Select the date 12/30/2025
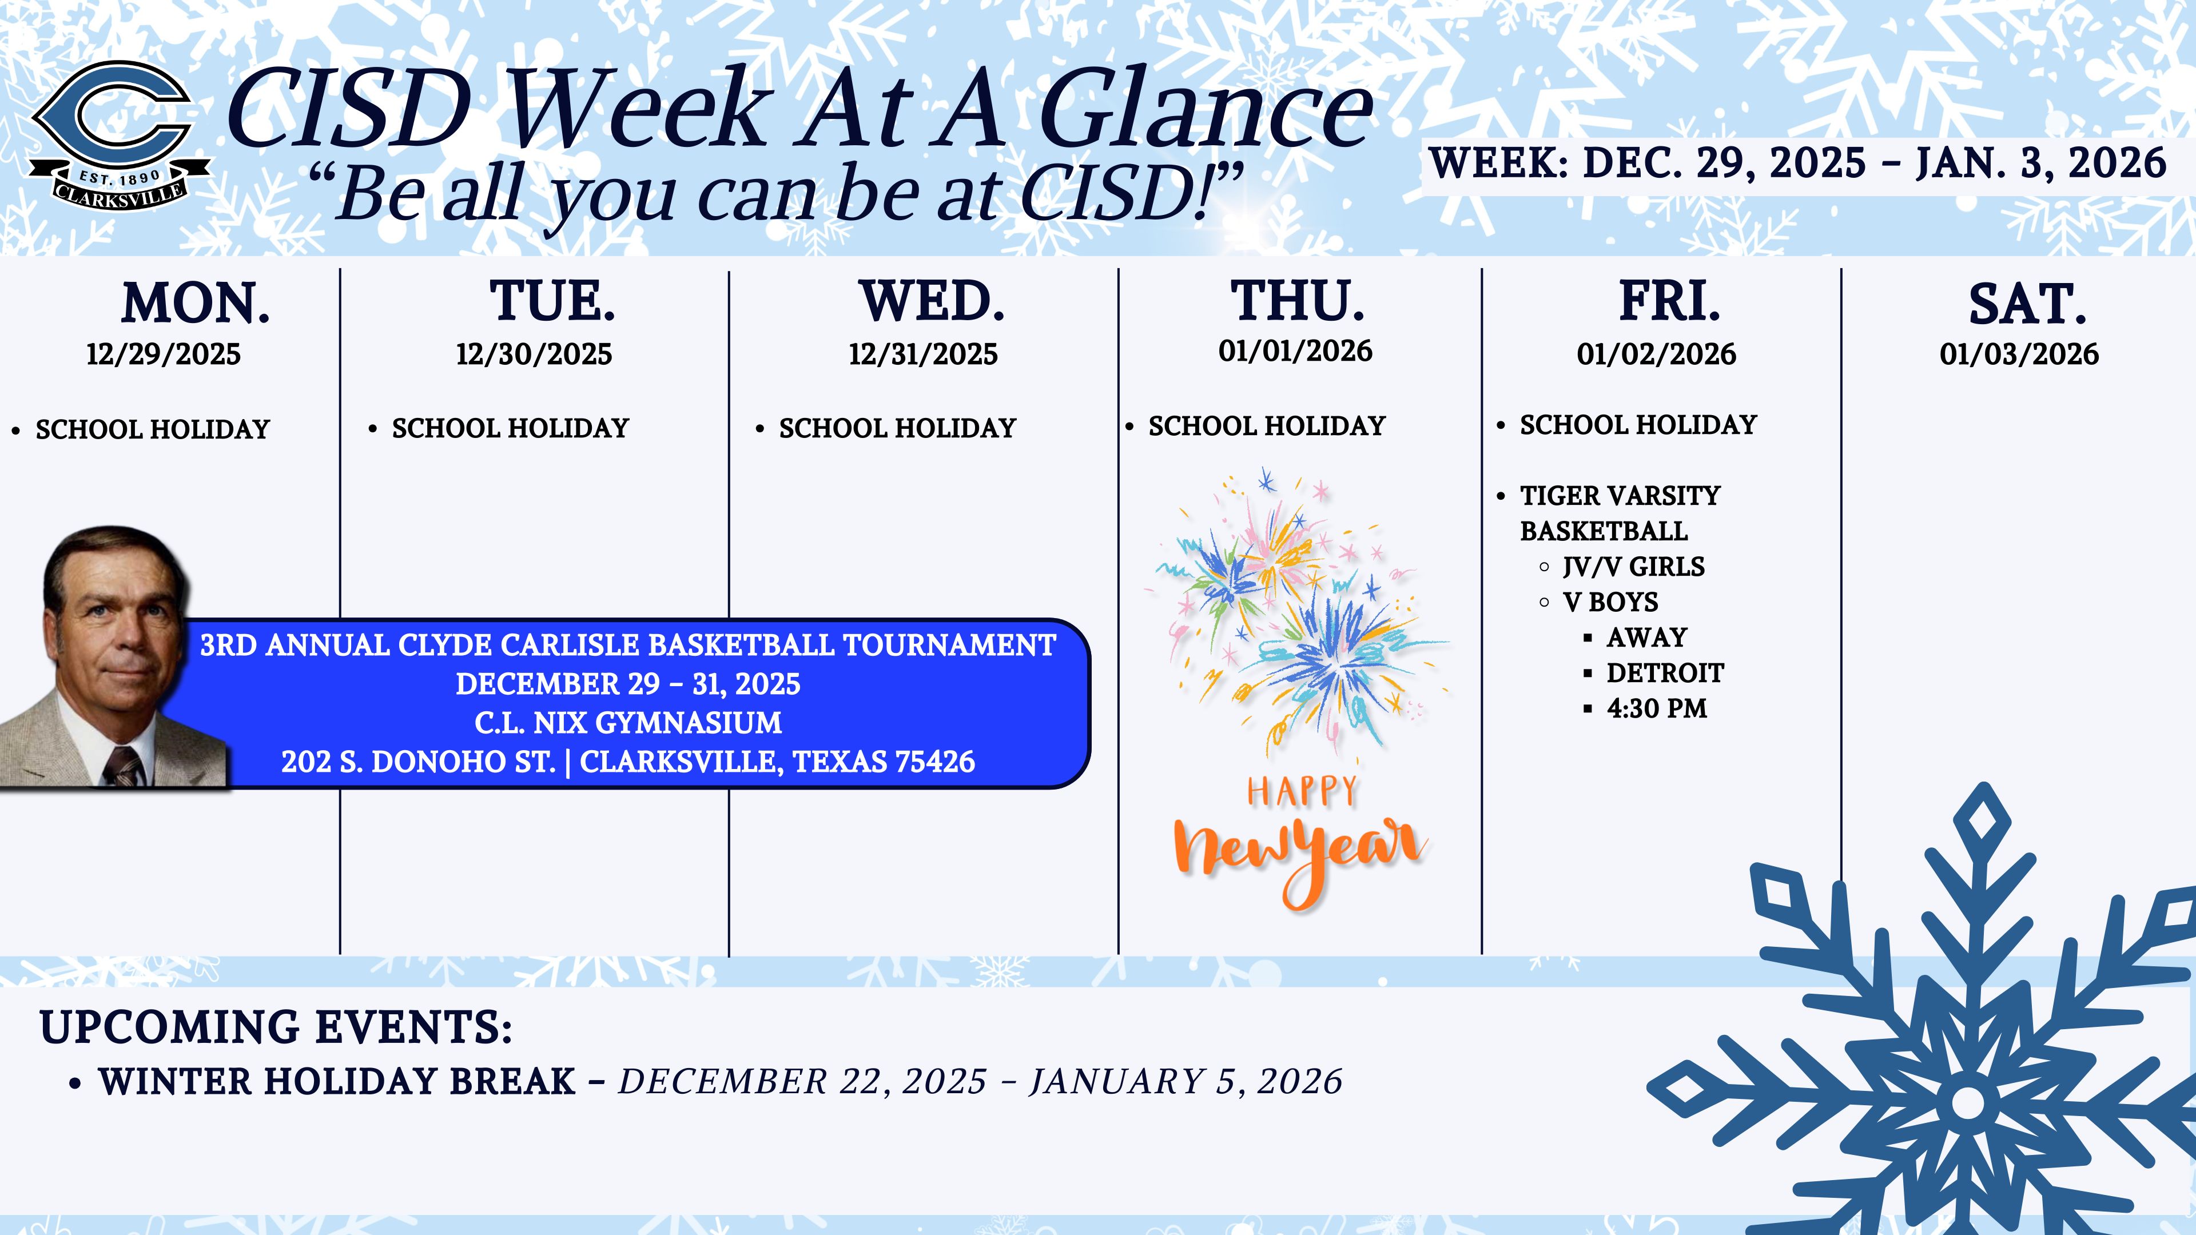(534, 354)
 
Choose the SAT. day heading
(2027, 304)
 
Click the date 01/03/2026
(2019, 354)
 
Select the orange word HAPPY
(1301, 792)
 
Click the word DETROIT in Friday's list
(1665, 674)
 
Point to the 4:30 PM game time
(1656, 708)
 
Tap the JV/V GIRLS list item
(1633, 567)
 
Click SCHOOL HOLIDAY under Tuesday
(510, 428)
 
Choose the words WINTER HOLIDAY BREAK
(337, 1082)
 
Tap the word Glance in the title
(1206, 109)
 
